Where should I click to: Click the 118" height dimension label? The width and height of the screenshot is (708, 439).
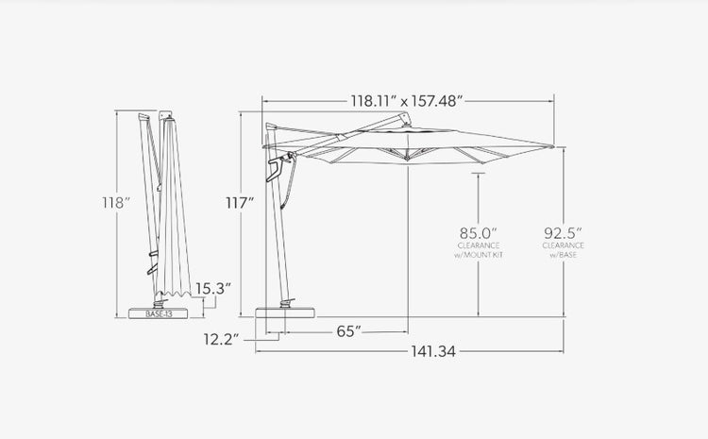115,203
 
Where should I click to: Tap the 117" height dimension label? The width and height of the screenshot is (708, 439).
240,203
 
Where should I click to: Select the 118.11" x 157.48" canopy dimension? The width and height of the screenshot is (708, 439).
407,101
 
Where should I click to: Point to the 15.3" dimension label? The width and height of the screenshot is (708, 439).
213,289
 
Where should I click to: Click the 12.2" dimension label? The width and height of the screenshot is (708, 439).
221,339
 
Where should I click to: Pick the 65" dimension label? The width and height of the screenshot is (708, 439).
349,331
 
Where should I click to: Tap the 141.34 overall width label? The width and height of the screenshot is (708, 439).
433,351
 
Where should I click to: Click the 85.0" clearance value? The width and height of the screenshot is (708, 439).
479,233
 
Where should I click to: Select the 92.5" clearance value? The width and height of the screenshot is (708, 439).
563,233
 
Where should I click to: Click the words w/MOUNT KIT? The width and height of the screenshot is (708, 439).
479,255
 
